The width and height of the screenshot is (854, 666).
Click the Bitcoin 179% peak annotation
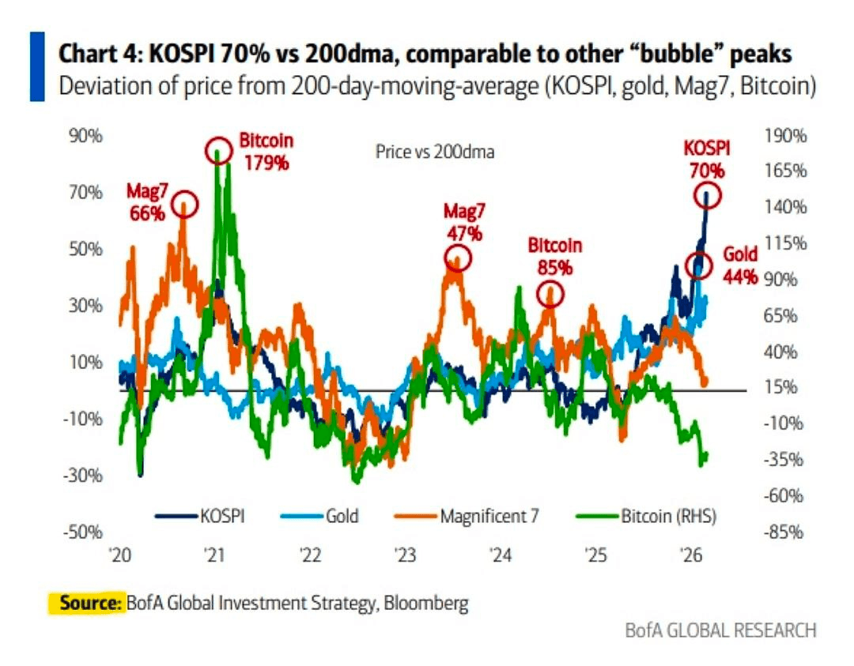click(266, 152)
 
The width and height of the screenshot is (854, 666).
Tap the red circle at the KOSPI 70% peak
click(709, 195)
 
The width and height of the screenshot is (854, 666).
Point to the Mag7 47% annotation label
click(463, 222)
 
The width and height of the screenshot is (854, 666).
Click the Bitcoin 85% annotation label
click(554, 256)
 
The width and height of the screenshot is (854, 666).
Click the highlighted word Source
click(85, 604)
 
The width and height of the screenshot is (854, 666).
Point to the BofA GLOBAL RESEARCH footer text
click(720, 630)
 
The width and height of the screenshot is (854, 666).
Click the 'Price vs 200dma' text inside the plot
click(434, 152)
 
